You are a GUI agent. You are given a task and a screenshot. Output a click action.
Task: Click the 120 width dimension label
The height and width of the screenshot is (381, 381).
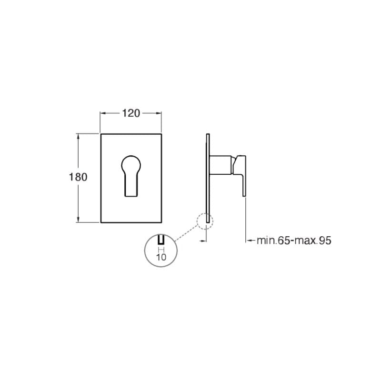[x=130, y=113]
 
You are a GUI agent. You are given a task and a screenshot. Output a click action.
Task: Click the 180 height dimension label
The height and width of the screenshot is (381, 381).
[x=78, y=177]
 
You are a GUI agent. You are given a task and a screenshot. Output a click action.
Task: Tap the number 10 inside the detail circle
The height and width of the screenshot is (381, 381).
[x=161, y=257]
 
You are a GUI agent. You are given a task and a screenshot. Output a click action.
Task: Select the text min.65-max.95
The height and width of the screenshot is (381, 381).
[x=294, y=241]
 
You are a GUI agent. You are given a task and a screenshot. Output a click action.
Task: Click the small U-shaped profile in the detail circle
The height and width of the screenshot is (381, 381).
[x=161, y=240]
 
